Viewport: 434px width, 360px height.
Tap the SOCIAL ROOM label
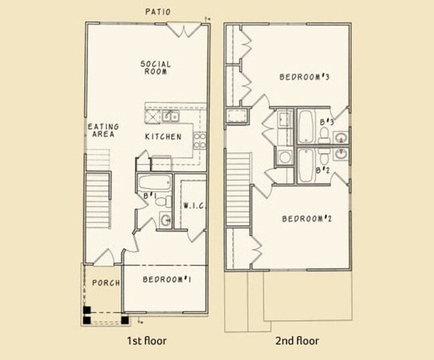[x=155, y=67]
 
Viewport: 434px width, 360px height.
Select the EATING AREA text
[x=103, y=130]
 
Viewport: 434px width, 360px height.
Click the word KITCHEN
[x=163, y=137]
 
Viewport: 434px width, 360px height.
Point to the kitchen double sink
[x=163, y=117]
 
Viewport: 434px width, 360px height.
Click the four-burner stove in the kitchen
[x=199, y=140]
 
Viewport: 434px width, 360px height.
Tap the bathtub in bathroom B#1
[x=154, y=183]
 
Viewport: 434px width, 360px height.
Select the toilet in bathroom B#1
[x=165, y=219]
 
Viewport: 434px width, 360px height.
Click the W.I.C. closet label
[x=194, y=206]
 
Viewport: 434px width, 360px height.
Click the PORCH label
[x=105, y=283]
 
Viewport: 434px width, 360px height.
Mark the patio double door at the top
[x=184, y=29]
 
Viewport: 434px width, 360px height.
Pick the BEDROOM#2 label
[x=307, y=219]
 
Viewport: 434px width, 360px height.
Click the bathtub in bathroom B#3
[x=306, y=126]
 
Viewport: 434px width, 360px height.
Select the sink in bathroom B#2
[x=341, y=154]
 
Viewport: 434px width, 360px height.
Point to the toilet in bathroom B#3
[x=324, y=135]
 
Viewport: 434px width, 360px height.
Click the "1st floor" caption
[x=146, y=341]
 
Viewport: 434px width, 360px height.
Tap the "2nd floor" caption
[x=297, y=341]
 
